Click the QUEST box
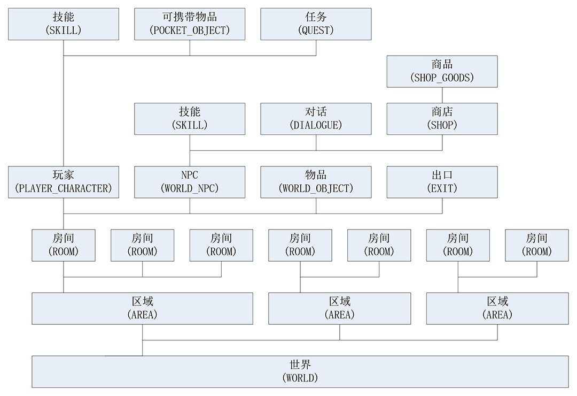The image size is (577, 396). click(316, 24)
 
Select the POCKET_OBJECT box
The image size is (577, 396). click(190, 24)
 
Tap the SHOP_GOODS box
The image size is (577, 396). click(442, 71)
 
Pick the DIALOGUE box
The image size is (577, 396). click(316, 119)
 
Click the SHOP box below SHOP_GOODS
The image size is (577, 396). click(442, 119)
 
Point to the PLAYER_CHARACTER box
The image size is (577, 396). click(64, 182)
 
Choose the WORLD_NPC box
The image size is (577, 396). click(190, 182)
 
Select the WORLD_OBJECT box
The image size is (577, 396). click(316, 182)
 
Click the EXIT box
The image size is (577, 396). click(442, 182)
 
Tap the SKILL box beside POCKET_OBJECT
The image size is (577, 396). click(64, 24)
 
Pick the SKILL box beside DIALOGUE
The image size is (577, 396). click(190, 119)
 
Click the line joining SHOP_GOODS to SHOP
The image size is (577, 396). click(442, 95)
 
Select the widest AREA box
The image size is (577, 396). click(142, 308)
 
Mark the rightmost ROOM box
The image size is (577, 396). click(536, 245)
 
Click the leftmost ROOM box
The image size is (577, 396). click(64, 245)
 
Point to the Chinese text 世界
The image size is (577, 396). click(300, 365)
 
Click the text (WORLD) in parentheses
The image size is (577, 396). click(300, 378)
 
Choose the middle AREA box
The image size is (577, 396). click(339, 308)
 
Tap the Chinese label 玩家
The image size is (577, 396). click(64, 176)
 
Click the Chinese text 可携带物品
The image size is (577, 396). click(190, 17)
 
